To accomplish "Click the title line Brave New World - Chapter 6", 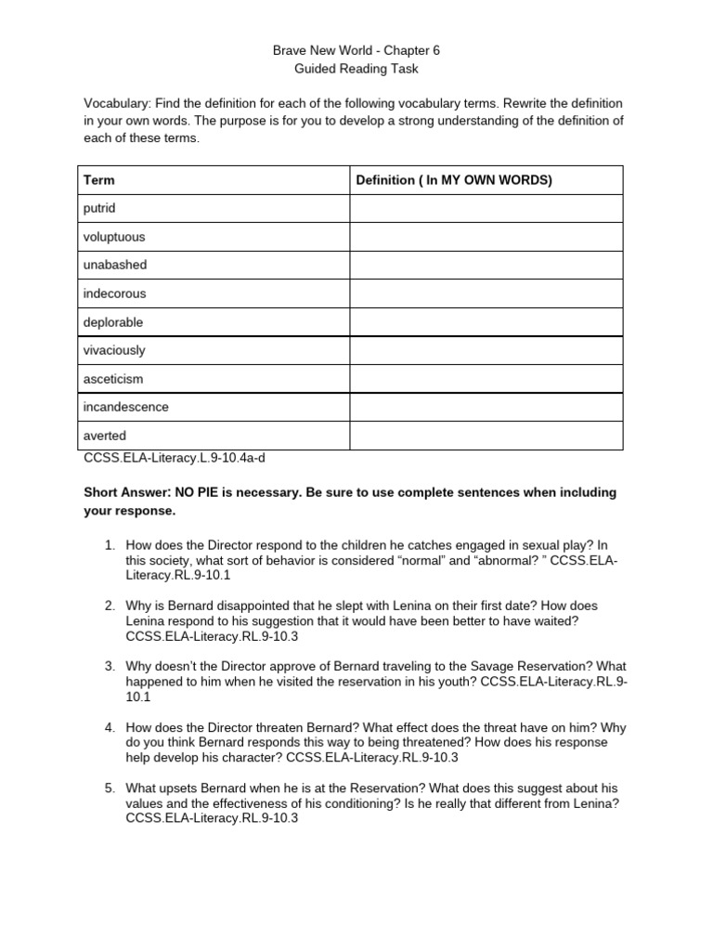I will point(356,50).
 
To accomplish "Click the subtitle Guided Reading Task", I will point(356,69).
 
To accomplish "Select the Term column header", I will point(99,180).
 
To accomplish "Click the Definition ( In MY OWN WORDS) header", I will point(454,180).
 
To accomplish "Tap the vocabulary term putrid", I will point(100,208).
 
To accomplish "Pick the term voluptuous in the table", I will point(114,237).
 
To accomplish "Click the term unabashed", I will point(115,265).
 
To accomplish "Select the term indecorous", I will point(114,293).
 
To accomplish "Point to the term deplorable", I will point(113,322).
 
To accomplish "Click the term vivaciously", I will point(114,350).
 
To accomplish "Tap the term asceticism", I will point(113,379).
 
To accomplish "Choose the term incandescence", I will point(126,407).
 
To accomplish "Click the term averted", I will point(105,436).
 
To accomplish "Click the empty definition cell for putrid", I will point(485,208).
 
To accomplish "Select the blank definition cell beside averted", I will point(485,436).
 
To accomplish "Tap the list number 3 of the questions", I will point(110,666).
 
